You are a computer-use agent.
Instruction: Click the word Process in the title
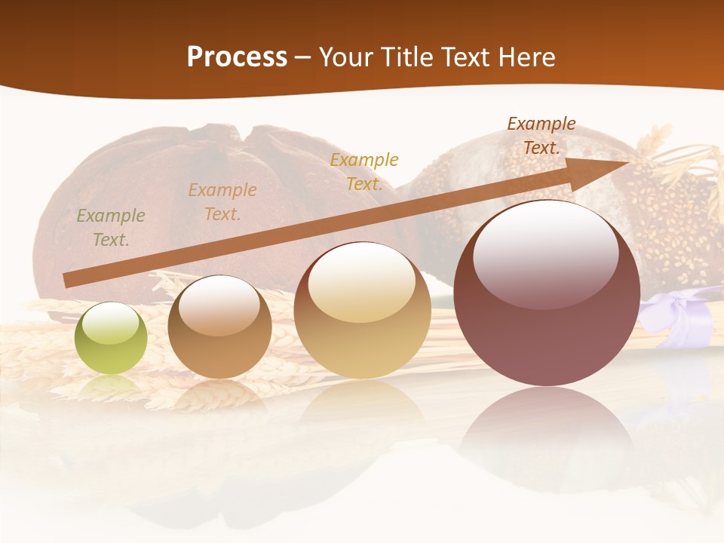click(x=237, y=57)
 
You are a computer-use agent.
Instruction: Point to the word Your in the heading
click(x=348, y=57)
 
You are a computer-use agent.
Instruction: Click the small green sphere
click(x=111, y=338)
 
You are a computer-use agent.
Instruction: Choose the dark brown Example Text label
click(x=541, y=136)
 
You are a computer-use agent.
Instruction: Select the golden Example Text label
click(x=364, y=171)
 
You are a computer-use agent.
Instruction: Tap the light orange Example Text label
click(x=222, y=202)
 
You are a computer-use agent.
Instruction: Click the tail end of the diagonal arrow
click(x=69, y=280)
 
